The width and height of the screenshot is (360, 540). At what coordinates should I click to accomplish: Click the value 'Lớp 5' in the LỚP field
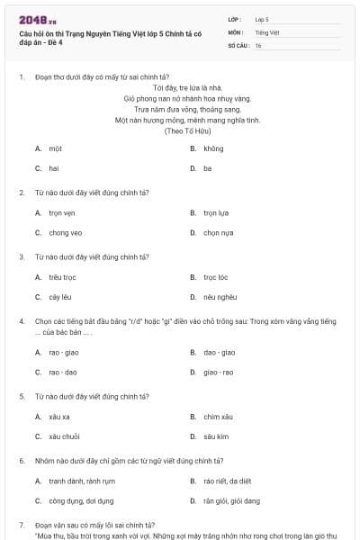click(x=262, y=18)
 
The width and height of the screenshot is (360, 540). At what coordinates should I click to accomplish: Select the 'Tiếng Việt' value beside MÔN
click(x=266, y=31)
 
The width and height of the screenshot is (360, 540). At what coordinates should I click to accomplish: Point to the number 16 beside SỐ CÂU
click(x=258, y=45)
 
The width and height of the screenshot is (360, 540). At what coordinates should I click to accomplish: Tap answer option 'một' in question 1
click(x=56, y=148)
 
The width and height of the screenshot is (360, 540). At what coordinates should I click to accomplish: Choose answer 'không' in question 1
click(x=213, y=148)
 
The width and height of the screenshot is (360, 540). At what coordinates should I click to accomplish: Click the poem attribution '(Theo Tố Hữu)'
click(x=187, y=130)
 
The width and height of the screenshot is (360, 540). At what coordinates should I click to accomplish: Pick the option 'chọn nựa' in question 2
click(x=218, y=232)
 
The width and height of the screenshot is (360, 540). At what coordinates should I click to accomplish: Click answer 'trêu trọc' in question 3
click(x=63, y=277)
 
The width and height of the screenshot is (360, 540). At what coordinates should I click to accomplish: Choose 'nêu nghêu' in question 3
click(x=220, y=297)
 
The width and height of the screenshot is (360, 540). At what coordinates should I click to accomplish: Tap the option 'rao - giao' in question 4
click(x=64, y=352)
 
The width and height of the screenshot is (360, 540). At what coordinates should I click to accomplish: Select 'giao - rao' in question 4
click(x=219, y=372)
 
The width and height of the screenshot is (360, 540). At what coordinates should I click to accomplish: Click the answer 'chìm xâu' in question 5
click(x=219, y=417)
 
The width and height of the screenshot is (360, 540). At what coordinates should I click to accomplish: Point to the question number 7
click(x=21, y=524)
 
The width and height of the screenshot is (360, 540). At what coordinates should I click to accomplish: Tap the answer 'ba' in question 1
click(x=207, y=167)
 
